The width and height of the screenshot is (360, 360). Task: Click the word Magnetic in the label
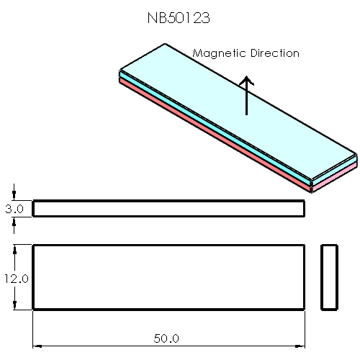[218, 54]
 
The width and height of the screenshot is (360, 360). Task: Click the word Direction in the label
[274, 53]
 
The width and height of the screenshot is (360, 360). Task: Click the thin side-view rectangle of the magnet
[168, 209]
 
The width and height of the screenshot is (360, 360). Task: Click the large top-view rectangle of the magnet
[168, 277]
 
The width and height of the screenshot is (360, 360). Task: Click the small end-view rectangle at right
[329, 277]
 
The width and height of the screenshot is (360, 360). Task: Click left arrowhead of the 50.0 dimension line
[37, 345]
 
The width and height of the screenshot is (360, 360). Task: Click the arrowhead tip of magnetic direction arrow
[247, 78]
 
